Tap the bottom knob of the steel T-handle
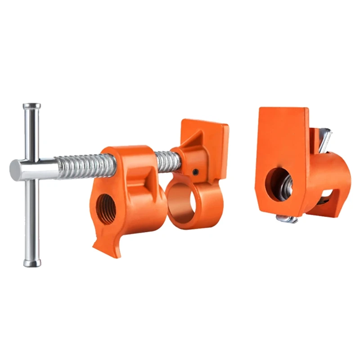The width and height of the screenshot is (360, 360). (31, 262)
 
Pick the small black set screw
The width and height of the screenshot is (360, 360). (194, 171)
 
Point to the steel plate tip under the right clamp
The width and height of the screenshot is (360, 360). (287, 219)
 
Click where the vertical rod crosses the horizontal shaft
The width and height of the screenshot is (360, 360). (31, 168)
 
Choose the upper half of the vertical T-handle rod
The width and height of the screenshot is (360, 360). (31, 135)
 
